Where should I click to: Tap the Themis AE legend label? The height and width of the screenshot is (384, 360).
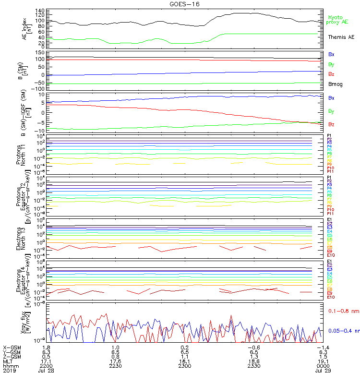(x=341, y=37)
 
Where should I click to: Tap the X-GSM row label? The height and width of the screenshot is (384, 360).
(x=12, y=347)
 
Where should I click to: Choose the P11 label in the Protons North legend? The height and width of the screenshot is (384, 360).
(x=330, y=171)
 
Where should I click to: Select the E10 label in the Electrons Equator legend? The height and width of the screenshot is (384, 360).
(x=331, y=297)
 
